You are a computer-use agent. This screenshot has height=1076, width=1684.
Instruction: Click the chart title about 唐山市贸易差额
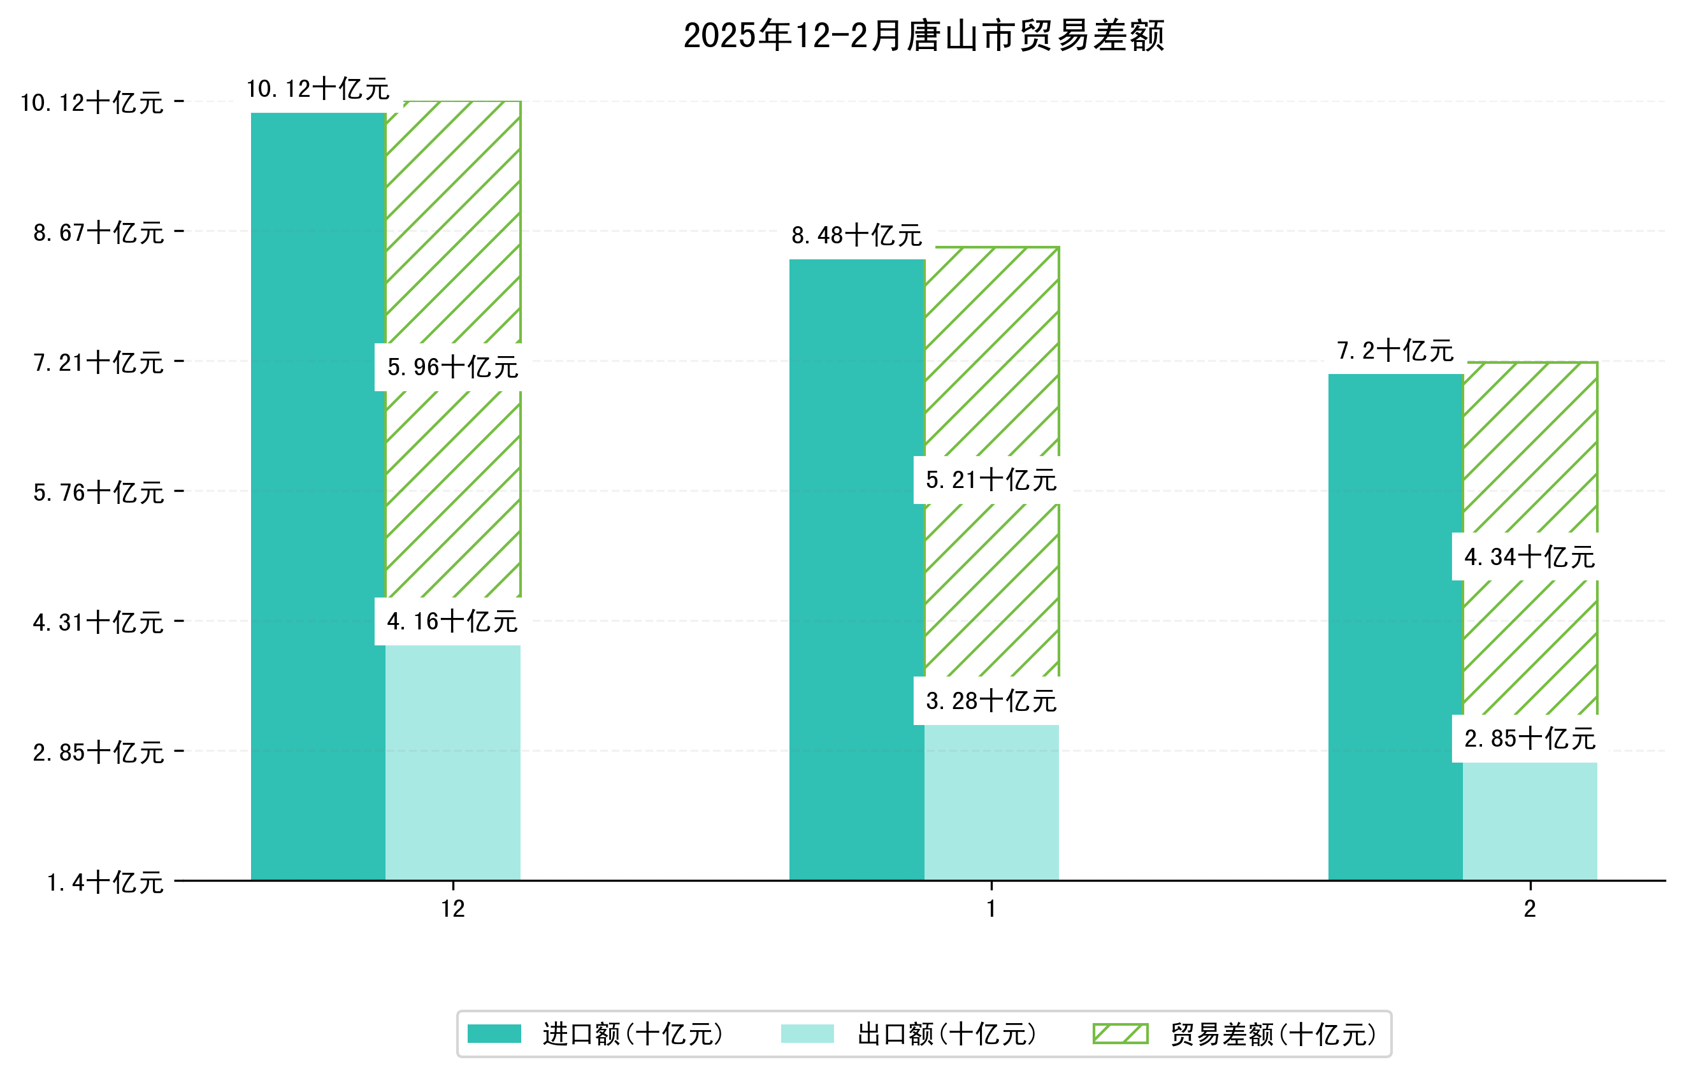(x=923, y=36)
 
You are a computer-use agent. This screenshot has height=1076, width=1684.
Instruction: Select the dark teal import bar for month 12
(x=318, y=496)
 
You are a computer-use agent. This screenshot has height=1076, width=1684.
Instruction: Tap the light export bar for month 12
(x=452, y=762)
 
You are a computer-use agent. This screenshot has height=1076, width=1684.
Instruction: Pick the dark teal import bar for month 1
(x=857, y=570)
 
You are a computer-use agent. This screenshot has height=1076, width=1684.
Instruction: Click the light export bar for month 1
(x=991, y=803)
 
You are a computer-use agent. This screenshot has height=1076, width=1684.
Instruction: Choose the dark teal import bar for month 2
(x=1395, y=627)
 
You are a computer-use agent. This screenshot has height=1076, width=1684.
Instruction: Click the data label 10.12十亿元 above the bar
(x=318, y=89)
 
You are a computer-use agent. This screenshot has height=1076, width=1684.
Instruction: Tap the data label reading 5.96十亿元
(x=452, y=367)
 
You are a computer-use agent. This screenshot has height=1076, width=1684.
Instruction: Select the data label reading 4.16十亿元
(x=452, y=622)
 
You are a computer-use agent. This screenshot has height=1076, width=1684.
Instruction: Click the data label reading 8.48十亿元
(x=857, y=236)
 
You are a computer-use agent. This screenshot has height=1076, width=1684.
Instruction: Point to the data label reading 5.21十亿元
(x=991, y=480)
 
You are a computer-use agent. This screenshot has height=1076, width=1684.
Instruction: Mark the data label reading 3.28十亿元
(x=991, y=701)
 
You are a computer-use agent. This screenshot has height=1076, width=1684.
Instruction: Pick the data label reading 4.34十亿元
(x=1529, y=557)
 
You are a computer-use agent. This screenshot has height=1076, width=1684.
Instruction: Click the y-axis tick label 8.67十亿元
(x=99, y=233)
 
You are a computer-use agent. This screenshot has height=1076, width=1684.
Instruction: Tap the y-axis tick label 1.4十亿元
(x=105, y=882)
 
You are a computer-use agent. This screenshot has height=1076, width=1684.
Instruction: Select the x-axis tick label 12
(x=452, y=909)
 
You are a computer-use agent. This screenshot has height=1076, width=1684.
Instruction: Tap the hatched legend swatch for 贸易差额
(x=1120, y=1034)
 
